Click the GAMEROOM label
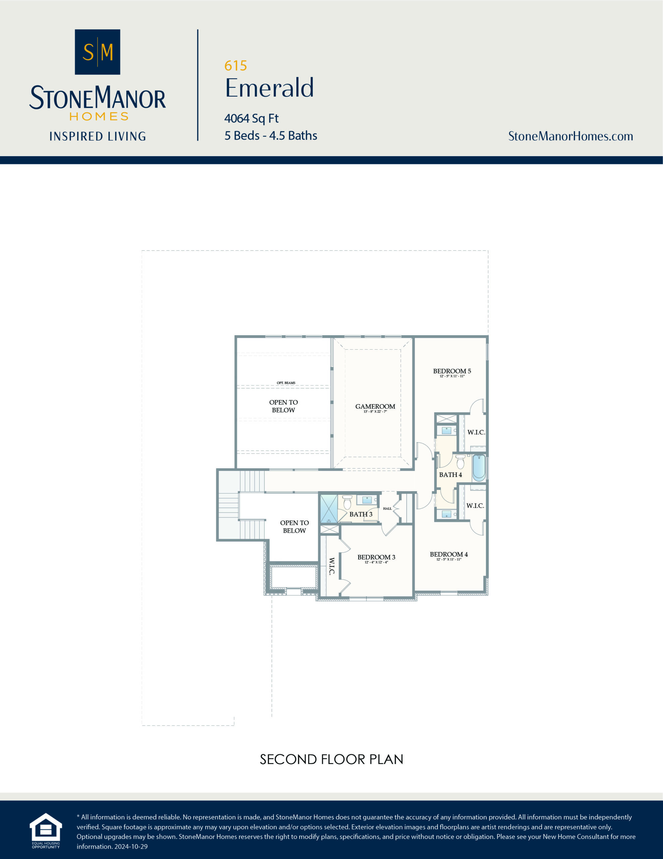[x=375, y=406]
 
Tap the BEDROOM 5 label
[x=452, y=371]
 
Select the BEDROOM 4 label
[x=449, y=554]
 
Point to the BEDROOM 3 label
[x=376, y=557]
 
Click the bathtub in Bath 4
[x=479, y=468]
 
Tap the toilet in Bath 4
[x=461, y=462]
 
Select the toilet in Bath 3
[x=347, y=502]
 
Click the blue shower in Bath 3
[x=328, y=509]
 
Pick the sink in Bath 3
[x=367, y=500]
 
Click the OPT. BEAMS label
[x=286, y=383]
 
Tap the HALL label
[x=387, y=509]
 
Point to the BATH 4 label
[x=450, y=475]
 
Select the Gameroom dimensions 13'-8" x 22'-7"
[x=375, y=412]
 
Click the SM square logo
[x=98, y=52]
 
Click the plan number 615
[x=235, y=66]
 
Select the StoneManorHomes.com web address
[x=570, y=136]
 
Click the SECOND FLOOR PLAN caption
[x=331, y=759]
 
